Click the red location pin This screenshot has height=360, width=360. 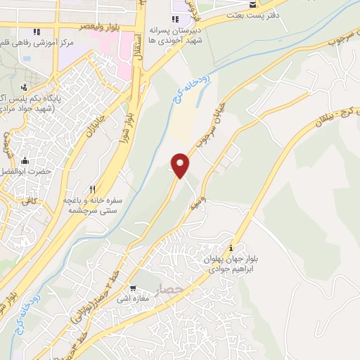click(x=181, y=165)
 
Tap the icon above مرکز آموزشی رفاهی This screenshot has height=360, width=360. click(x=36, y=32)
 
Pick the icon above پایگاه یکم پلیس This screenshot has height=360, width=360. click(x=25, y=88)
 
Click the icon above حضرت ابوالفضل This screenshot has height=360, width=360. click(x=25, y=160)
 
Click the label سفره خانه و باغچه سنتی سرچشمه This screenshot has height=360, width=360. click(x=94, y=205)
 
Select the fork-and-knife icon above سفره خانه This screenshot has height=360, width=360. click(x=93, y=190)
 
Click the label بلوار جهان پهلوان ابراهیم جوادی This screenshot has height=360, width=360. click(x=232, y=263)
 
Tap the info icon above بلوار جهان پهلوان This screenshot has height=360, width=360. click(x=232, y=247)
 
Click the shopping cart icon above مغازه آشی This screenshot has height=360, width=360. click(x=133, y=288)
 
